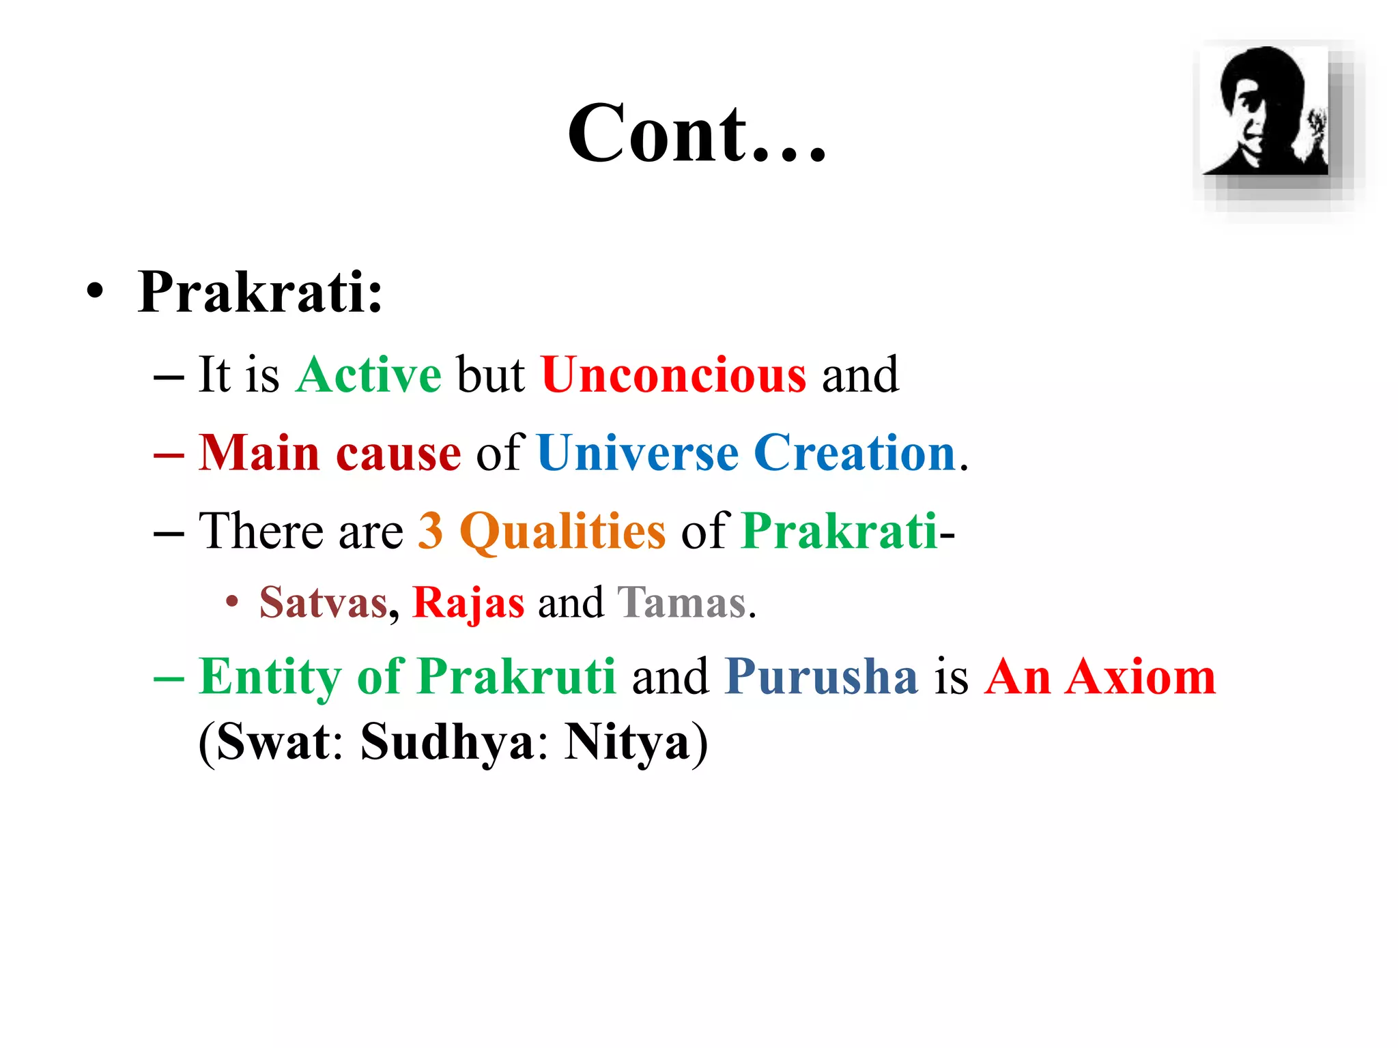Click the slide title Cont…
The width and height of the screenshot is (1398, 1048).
696,134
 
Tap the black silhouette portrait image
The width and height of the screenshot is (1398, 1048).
1265,111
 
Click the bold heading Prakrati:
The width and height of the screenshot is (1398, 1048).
260,292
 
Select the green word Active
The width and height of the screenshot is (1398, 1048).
369,375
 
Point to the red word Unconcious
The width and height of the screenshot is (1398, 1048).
674,375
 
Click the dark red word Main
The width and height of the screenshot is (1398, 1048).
259,453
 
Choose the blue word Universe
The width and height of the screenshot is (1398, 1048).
638,453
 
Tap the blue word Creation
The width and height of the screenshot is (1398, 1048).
855,453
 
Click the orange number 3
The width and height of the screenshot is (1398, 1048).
431,531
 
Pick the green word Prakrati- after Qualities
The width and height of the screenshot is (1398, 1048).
840,531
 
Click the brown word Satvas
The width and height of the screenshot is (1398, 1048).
324,602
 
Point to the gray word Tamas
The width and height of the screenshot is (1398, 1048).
681,602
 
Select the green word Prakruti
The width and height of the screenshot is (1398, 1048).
517,677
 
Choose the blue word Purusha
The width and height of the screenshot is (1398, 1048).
821,677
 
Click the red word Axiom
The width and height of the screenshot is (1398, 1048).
1141,677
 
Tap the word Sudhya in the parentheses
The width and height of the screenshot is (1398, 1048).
447,742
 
